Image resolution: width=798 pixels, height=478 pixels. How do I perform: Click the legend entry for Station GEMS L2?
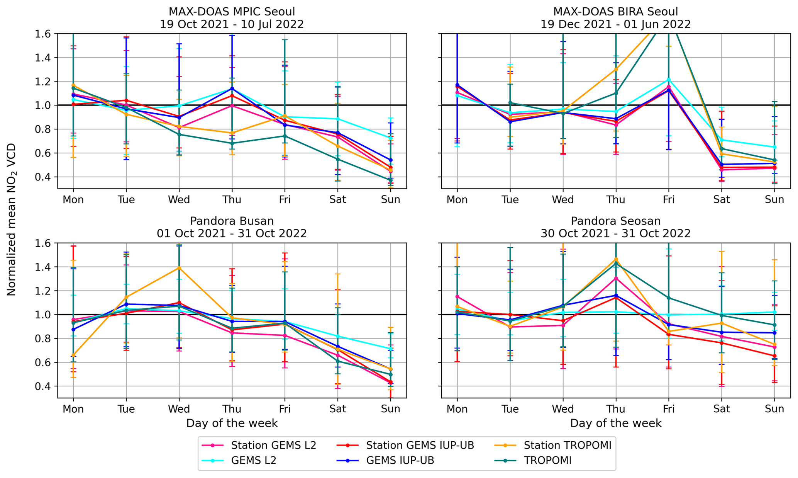pos(273,446)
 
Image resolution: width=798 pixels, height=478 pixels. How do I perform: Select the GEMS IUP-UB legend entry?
pos(400,461)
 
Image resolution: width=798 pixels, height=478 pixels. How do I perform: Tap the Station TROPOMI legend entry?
pos(567,446)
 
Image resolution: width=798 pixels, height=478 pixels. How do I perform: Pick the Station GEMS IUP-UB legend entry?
pos(420,446)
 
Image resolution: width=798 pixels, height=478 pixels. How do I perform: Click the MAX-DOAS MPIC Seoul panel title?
pos(232,12)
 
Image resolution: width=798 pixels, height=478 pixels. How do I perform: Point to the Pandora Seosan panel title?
pos(615,221)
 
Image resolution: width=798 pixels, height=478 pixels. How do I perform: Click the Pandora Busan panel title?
pos(232,221)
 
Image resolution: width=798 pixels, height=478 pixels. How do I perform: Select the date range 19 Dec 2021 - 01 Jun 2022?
pos(615,24)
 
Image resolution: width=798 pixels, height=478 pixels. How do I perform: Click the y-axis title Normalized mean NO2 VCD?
pos(12,219)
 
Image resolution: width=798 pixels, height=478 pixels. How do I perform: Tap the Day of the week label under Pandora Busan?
pos(232,423)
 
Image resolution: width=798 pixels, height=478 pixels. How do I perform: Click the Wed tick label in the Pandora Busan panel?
pos(179,409)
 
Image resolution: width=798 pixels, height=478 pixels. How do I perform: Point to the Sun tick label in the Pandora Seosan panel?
pos(774,409)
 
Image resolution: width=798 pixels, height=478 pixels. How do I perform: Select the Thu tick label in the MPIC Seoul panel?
pos(232,199)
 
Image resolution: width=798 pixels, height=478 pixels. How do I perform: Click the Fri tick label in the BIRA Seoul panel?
pos(668,199)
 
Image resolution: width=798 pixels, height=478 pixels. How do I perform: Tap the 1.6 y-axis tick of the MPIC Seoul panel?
pos(45,34)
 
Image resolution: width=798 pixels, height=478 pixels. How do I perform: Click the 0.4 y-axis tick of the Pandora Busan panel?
pos(45,386)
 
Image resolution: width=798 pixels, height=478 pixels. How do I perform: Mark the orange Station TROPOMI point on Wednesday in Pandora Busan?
pos(179,268)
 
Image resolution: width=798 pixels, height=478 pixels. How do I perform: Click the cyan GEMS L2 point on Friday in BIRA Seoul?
pos(668,80)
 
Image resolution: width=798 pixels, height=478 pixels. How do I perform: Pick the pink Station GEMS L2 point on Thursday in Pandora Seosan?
pos(616,278)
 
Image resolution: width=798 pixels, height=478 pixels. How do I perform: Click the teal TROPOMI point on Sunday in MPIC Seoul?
pos(390,180)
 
